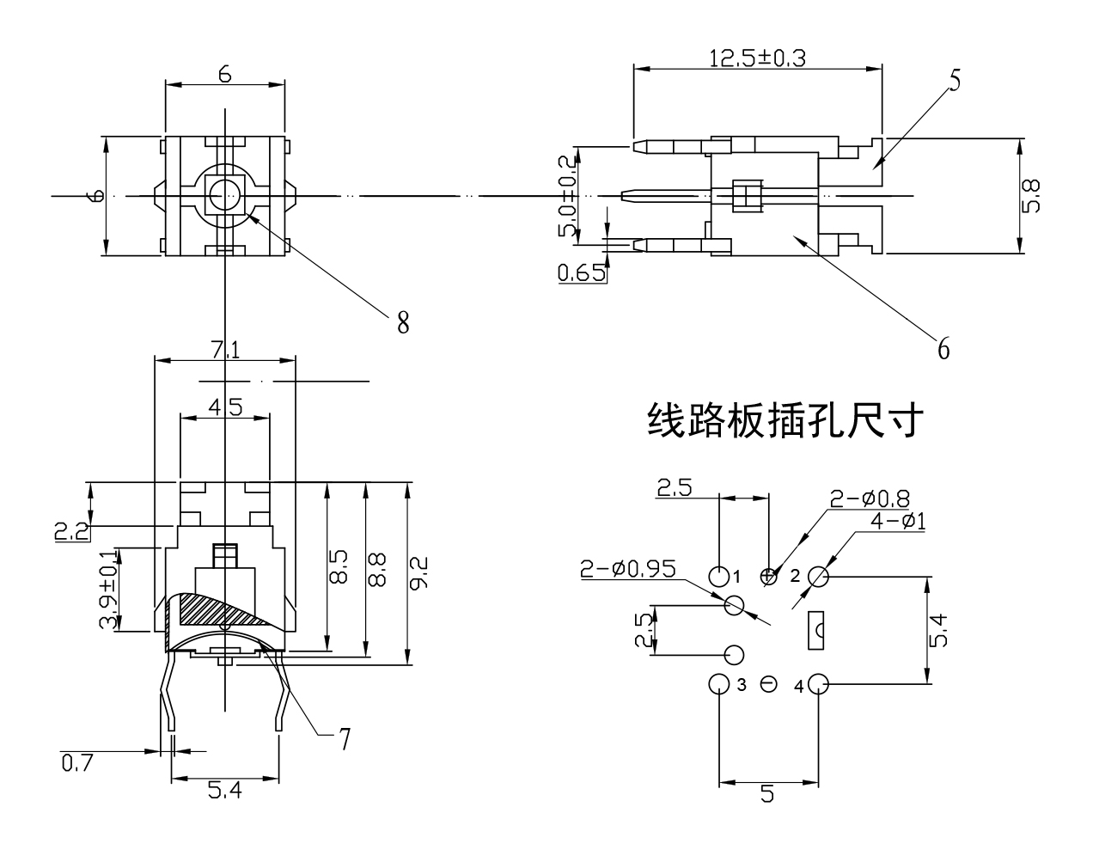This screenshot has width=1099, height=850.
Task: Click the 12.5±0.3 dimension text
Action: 758,58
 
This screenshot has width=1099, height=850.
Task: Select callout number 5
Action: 955,79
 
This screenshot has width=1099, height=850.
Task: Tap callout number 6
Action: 943,348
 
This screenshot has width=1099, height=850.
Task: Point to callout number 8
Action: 402,322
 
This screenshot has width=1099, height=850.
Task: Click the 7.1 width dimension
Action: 224,349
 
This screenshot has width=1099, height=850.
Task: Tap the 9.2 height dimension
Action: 420,573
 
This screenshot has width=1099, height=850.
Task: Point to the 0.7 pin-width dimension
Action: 76,761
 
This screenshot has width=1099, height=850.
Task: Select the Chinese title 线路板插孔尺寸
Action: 785,421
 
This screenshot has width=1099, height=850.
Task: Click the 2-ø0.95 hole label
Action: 627,568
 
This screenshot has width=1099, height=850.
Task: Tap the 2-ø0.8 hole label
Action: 870,498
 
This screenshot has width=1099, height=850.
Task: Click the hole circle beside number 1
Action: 718,575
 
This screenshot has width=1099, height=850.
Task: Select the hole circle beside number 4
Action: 818,685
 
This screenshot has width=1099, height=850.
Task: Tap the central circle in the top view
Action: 224,196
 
